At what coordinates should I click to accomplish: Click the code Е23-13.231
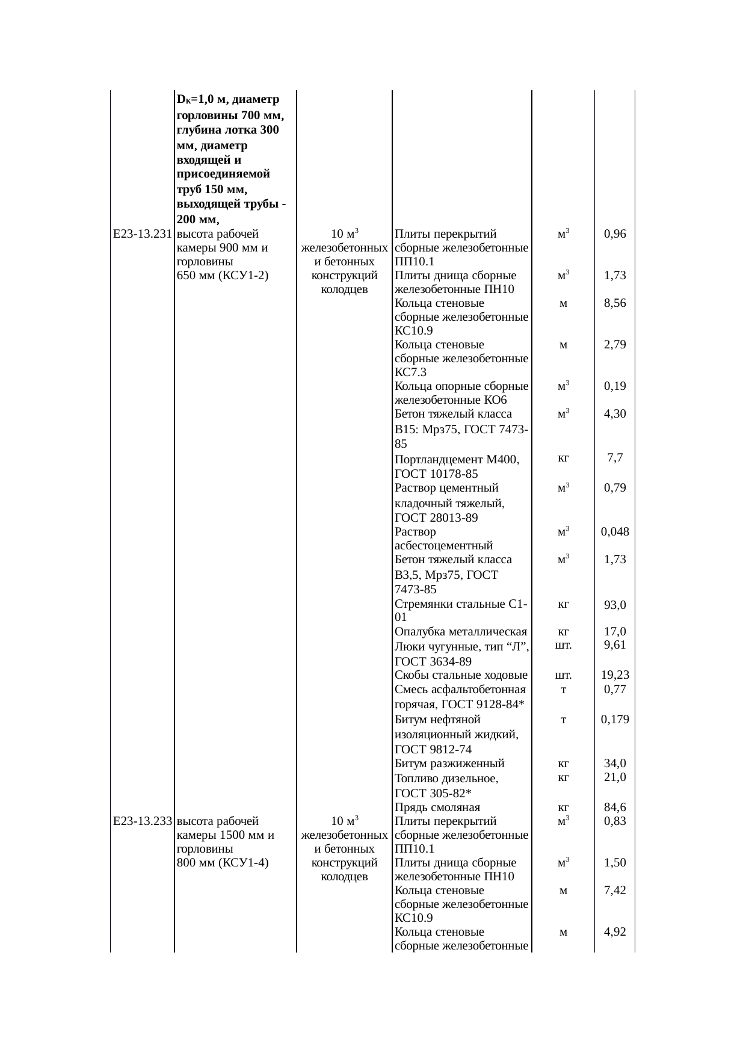pyautogui.click(x=143, y=234)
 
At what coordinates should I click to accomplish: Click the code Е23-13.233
pyautogui.click(x=143, y=821)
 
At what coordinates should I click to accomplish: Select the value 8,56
pyautogui.click(x=615, y=303)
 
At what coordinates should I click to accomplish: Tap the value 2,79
pyautogui.click(x=615, y=345)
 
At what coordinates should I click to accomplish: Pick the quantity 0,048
pyautogui.click(x=615, y=532)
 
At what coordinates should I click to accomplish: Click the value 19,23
pyautogui.click(x=615, y=675)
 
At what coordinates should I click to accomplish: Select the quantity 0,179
pyautogui.click(x=615, y=719)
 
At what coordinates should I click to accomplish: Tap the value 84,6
pyautogui.click(x=615, y=807)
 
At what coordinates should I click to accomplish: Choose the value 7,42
pyautogui.click(x=615, y=890)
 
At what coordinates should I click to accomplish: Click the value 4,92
pyautogui.click(x=615, y=932)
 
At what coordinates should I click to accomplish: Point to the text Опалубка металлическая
pyautogui.click(x=461, y=632)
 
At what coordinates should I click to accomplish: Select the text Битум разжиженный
pyautogui.click(x=449, y=764)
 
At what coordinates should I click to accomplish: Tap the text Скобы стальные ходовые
pyautogui.click(x=461, y=675)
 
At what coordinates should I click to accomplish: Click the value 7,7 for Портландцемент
pyautogui.click(x=615, y=458)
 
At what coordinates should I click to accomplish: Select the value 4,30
pyautogui.click(x=615, y=414)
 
